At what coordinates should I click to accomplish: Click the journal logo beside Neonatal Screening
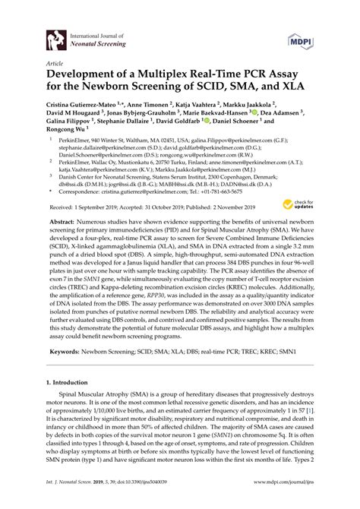tap(54, 38)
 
